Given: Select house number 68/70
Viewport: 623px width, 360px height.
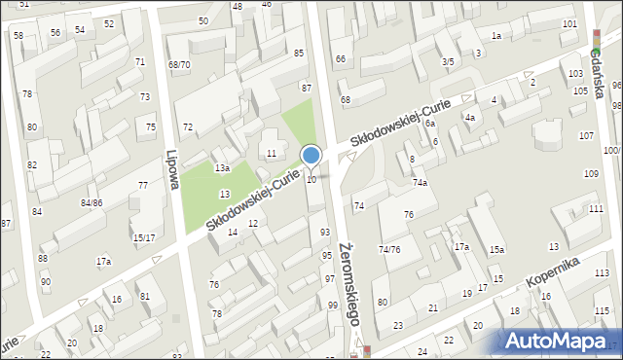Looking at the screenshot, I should (179, 65).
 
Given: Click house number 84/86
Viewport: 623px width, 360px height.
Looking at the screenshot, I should (92, 202).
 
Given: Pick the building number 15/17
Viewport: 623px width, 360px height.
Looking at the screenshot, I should (144, 237).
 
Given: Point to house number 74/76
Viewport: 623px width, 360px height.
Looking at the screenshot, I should (389, 250).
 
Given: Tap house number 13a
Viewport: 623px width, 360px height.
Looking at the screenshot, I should (222, 168).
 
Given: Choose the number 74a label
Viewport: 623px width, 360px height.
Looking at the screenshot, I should (420, 183).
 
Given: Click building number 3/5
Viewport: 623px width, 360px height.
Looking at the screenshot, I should (448, 61).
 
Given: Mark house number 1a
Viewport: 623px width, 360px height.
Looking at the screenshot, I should (495, 36).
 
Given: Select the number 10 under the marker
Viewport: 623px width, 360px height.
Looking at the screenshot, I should (311, 179).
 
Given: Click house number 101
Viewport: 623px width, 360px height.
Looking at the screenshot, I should (569, 23).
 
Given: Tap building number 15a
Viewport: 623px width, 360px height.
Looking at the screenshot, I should (496, 250).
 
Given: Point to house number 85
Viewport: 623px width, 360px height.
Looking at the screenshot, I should (299, 53).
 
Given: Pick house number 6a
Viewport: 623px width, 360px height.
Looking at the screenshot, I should (429, 124).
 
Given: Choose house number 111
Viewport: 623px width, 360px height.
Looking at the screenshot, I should (595, 209).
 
